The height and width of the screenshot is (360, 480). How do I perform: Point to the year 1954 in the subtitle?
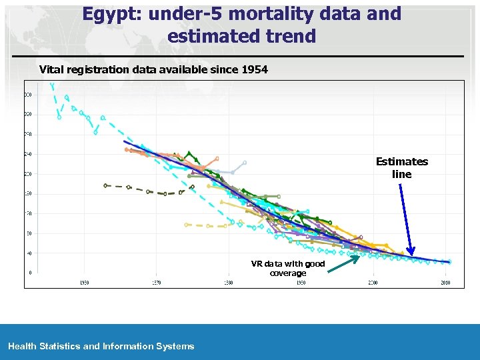pyautogui.click(x=253, y=69)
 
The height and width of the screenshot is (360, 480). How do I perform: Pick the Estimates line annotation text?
pyautogui.click(x=401, y=168)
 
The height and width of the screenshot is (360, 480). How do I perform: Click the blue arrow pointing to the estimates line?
pyautogui.click(x=407, y=220)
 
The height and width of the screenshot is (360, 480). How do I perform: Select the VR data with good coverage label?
pyautogui.click(x=288, y=268)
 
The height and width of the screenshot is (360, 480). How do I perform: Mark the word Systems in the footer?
pyautogui.click(x=175, y=346)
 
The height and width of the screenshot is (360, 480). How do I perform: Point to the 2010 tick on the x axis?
pyautogui.click(x=445, y=283)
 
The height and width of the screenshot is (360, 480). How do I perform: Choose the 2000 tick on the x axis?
pyautogui.click(x=373, y=283)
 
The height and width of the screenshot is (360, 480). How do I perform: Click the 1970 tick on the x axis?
pyautogui.click(x=156, y=283)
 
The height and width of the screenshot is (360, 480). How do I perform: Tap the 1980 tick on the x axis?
pyautogui.click(x=228, y=283)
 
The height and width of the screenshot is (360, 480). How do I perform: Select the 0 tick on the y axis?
pyautogui.click(x=30, y=272)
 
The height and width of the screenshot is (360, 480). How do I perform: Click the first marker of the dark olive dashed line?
pyautogui.click(x=105, y=185)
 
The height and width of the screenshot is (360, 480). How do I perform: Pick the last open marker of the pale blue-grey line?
pyautogui.click(x=245, y=162)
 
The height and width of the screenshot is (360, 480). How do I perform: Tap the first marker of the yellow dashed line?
pyautogui.click(x=187, y=225)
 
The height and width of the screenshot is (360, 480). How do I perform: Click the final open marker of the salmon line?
pyautogui.click(x=217, y=159)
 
